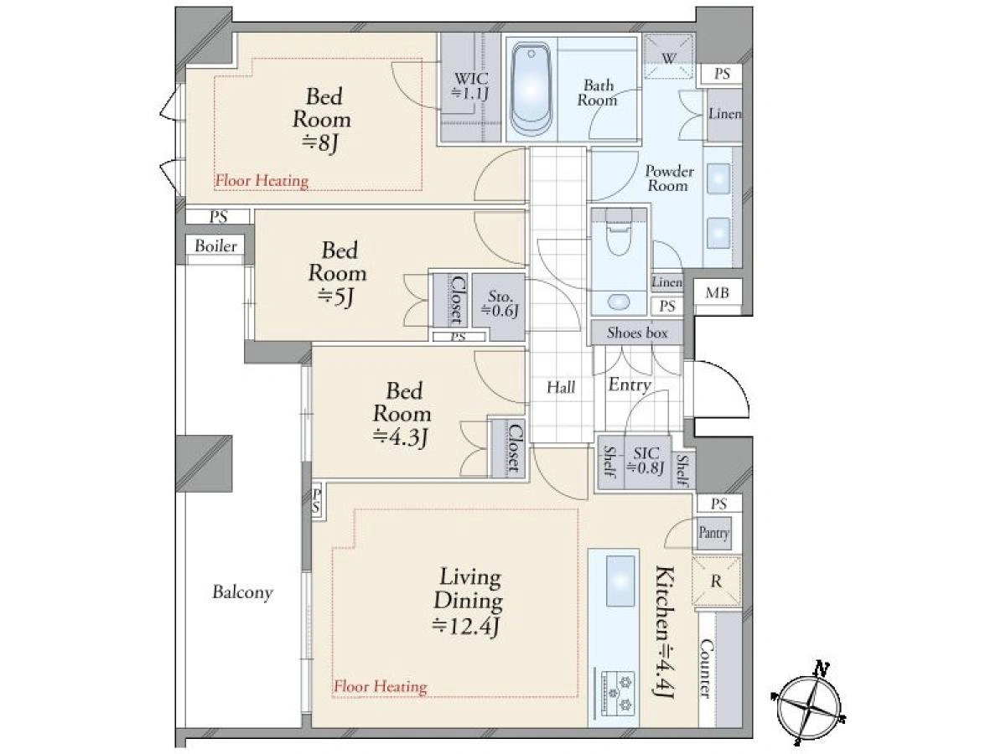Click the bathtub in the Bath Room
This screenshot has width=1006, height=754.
coord(531,90)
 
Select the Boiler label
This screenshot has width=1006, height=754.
coord(215,245)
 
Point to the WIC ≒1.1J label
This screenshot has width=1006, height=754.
coord(469,85)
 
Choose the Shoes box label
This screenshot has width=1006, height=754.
coord(636,333)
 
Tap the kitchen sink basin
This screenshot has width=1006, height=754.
coord(620,581)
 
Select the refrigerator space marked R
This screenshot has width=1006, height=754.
coord(715,582)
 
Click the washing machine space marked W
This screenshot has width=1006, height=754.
coord(669,58)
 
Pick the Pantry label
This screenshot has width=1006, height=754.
coord(713,533)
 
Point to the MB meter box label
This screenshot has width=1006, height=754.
coord(717,292)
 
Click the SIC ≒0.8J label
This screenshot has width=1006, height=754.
coord(646,461)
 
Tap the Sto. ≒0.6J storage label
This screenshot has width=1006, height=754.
coord(500,303)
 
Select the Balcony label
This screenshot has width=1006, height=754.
coord(242,592)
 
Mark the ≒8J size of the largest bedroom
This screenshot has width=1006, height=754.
coord(320,142)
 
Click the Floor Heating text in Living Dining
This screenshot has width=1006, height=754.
coord(380,686)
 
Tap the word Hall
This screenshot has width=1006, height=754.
coord(561,388)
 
